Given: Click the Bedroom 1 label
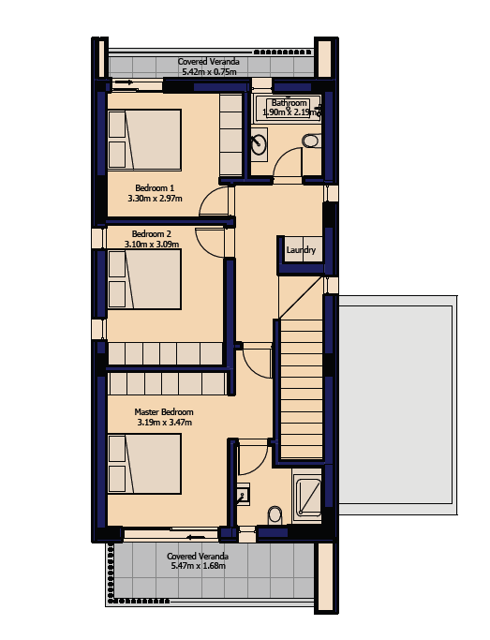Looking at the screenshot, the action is click(155, 188).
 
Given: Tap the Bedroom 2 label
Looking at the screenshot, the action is click(152, 234).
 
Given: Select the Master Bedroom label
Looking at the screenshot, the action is click(164, 412).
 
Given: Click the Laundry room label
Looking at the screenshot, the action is click(301, 250).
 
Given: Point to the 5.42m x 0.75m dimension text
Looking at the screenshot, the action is click(209, 72).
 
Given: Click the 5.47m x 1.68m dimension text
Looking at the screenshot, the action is click(199, 566).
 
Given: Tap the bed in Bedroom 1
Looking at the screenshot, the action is click(144, 140).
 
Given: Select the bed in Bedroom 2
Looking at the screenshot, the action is click(144, 279).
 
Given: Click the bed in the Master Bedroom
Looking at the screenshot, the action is click(144, 464).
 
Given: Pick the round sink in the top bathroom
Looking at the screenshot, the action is click(259, 143).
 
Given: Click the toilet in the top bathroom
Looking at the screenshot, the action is click(312, 141).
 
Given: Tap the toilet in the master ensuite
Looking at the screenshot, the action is click(275, 516).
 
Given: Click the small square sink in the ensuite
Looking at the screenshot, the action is click(244, 494).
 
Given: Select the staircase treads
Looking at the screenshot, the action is click(302, 389).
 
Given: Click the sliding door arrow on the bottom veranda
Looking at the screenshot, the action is click(196, 537).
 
